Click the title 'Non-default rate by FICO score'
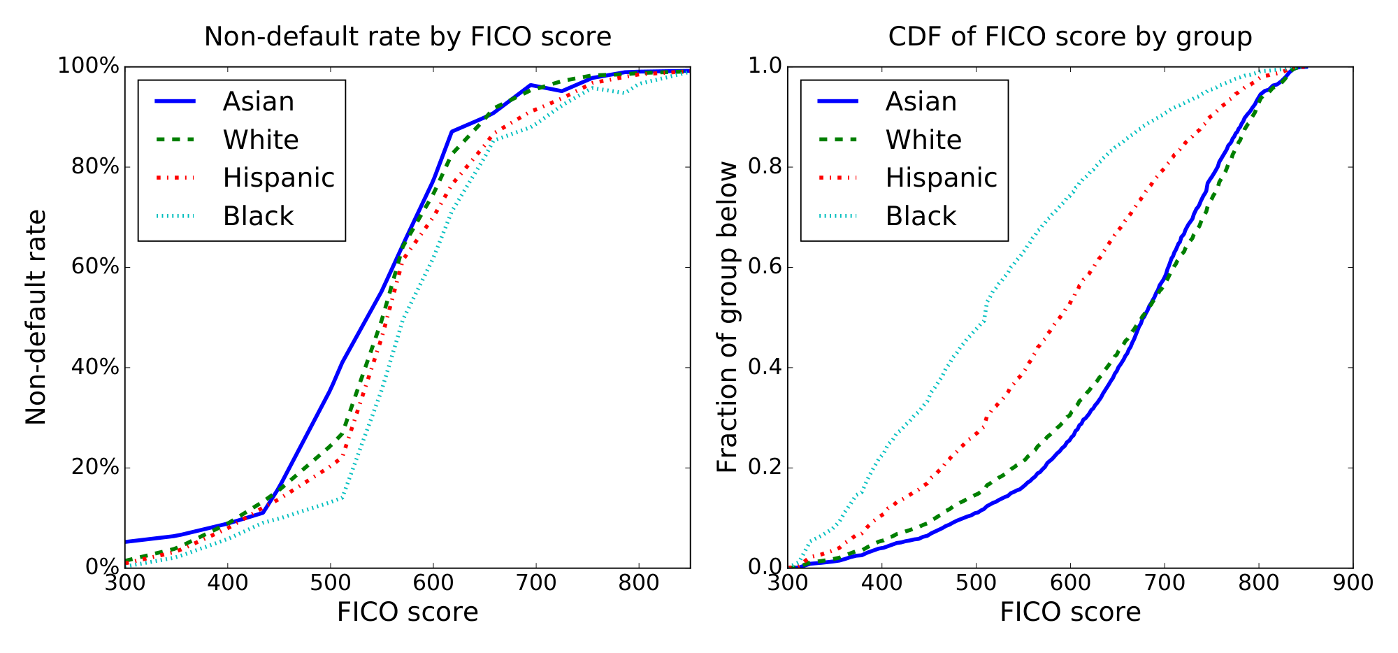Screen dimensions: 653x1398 point(408,36)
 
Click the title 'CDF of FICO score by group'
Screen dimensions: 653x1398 point(1069,36)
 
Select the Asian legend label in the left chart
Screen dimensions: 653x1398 point(258,102)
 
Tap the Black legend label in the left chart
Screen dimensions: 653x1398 point(258,217)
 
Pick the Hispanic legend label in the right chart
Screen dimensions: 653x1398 point(941,178)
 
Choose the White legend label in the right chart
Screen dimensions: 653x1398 point(923,141)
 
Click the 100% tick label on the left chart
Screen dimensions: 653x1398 point(88,67)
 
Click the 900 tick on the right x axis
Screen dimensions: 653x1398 point(1353,583)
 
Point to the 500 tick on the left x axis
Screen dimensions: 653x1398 point(330,583)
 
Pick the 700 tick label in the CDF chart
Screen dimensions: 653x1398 point(1165,583)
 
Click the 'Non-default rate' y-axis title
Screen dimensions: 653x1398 point(36,317)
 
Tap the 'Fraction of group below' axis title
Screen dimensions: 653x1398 point(728,317)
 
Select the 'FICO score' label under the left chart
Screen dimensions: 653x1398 point(408,612)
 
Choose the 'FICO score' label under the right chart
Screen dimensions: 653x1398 point(1069,612)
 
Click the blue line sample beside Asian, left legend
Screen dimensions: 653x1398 point(174,102)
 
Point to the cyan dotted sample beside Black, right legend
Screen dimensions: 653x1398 point(837,217)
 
